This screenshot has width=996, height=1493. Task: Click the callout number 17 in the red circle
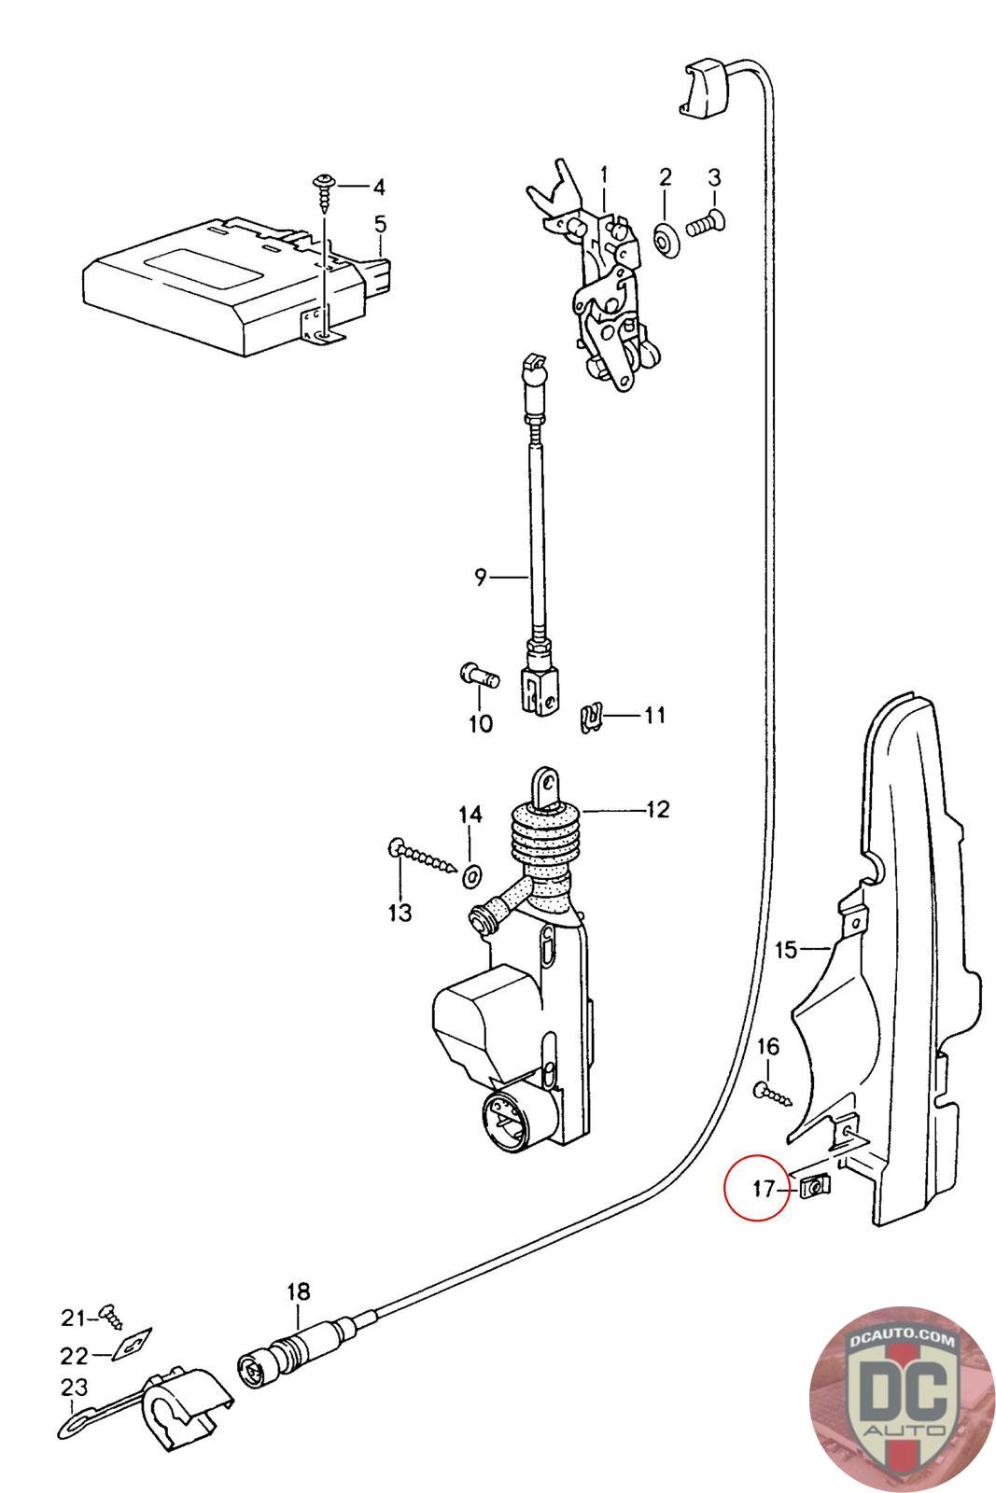click(763, 1189)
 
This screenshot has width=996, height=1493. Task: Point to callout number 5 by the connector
click(380, 224)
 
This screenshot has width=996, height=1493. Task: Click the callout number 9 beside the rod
click(481, 578)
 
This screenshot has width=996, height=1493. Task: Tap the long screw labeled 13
click(425, 856)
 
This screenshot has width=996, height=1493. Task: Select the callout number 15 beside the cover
click(786, 950)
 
